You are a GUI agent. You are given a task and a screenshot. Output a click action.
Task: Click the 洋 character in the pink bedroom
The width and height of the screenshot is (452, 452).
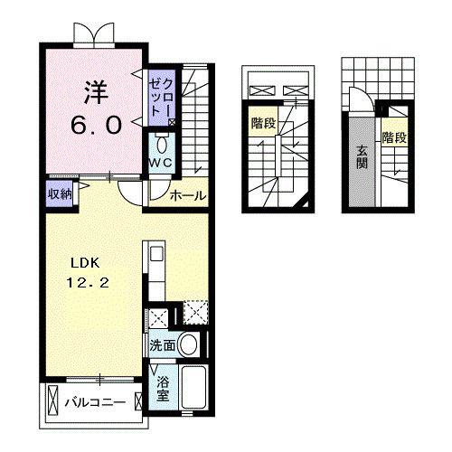point(96,92)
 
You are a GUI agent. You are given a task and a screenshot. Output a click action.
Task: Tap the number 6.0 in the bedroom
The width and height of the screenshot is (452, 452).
point(97,126)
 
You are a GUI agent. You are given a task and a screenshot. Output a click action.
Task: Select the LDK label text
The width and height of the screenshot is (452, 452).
point(85,263)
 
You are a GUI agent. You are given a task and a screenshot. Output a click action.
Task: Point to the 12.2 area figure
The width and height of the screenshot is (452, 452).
point(88,283)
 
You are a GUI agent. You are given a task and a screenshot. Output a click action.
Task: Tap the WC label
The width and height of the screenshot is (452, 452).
point(161,163)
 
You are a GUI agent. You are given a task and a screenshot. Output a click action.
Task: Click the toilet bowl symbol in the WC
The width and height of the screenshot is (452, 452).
point(162,145)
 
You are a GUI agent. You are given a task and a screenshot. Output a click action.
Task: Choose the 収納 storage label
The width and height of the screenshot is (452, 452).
point(61,194)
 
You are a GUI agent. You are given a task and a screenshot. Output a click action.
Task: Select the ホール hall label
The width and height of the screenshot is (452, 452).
point(188,196)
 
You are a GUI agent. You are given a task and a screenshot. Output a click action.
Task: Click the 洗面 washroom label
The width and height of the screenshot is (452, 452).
point(163,345)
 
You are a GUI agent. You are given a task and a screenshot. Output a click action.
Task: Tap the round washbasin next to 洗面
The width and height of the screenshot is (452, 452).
point(189,344)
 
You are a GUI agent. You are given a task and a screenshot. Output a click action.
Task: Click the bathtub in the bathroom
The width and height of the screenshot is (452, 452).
point(194,387)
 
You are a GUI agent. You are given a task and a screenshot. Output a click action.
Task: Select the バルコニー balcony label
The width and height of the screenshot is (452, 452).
point(96,402)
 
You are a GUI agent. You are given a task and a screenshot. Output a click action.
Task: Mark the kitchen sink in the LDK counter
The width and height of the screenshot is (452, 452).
point(156,254)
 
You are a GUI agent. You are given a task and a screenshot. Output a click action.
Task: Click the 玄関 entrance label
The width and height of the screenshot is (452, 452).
point(362,157)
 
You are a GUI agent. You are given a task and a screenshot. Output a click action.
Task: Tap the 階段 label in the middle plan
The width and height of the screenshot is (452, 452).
point(264,123)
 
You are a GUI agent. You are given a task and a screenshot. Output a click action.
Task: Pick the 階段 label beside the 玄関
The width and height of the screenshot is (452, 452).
point(394,138)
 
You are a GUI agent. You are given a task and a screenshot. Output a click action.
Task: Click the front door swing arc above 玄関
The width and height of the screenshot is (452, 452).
point(368,93)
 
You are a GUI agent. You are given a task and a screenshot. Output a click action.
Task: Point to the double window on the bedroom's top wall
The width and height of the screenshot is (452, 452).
point(94,35)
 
